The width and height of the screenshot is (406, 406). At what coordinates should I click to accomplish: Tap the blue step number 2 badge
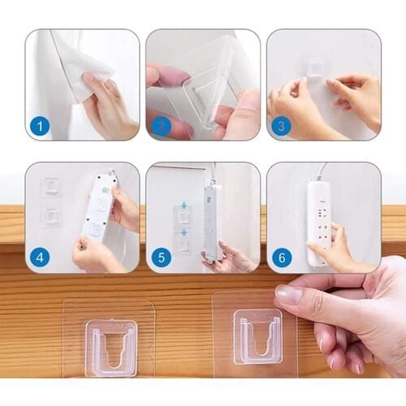[x=161, y=126]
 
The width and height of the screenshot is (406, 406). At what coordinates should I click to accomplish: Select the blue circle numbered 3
[x=282, y=126]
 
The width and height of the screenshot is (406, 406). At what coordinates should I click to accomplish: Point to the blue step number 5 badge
[x=161, y=257]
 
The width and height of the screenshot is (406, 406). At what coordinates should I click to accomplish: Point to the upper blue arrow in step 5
[x=183, y=206]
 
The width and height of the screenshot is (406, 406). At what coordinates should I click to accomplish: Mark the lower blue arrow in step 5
[x=183, y=232]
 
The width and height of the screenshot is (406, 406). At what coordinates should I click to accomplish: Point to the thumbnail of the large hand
[x=287, y=294]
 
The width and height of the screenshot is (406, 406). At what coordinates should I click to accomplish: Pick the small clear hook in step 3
[x=313, y=65]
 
